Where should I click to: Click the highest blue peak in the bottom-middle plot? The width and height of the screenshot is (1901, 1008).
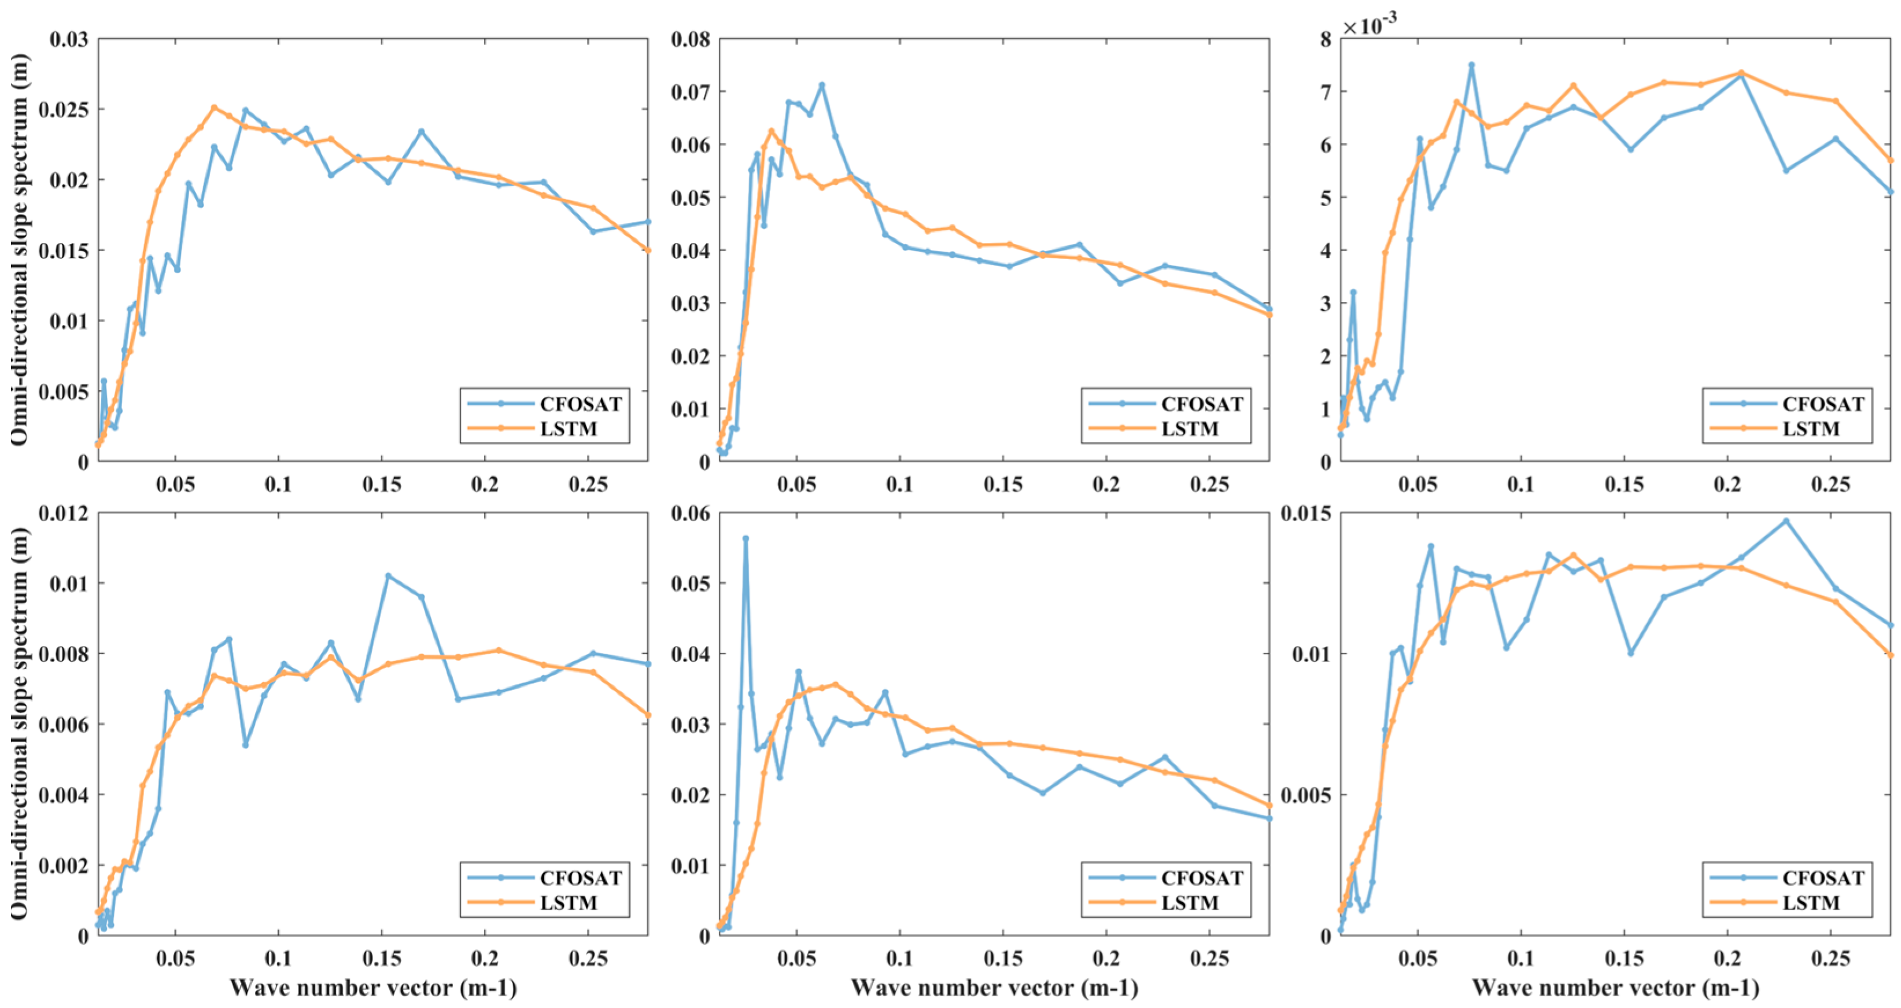click(x=745, y=538)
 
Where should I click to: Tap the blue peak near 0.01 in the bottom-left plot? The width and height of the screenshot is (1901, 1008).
click(x=388, y=575)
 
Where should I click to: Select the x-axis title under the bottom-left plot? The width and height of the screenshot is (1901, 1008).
click(x=372, y=987)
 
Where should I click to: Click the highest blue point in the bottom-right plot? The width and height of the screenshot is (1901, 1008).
click(x=1786, y=520)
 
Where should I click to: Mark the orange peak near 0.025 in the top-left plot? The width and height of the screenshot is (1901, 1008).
click(x=214, y=107)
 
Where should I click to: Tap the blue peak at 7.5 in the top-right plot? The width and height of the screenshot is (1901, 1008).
click(x=1471, y=65)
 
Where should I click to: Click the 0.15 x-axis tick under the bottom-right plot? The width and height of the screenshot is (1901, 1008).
click(x=1624, y=959)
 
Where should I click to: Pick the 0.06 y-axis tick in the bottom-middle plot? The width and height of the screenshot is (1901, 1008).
click(x=690, y=513)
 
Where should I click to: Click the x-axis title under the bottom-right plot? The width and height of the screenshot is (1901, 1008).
click(x=1615, y=987)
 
